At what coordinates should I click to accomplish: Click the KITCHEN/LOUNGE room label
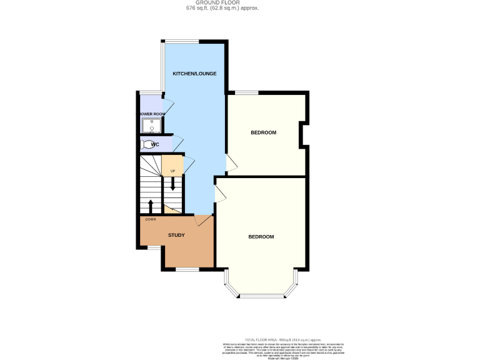[194, 74]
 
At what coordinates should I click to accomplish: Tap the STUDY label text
[176, 235]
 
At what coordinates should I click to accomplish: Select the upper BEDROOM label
[263, 132]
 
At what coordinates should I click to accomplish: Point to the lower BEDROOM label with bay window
[261, 237]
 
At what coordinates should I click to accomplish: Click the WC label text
[155, 144]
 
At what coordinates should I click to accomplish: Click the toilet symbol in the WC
[147, 145]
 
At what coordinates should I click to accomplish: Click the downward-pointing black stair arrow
[172, 184]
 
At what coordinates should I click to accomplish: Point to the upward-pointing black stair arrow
[150, 206]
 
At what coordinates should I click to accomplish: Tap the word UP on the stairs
[172, 171]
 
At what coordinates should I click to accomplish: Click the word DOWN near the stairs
[151, 219]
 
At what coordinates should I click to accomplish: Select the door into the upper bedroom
[231, 163]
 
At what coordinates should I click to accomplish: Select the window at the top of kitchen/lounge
[182, 41]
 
